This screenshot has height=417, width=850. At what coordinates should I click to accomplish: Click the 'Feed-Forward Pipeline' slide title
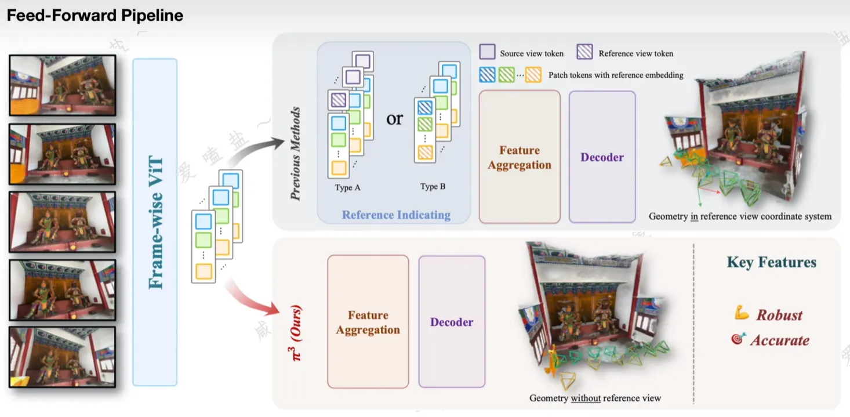point(95,16)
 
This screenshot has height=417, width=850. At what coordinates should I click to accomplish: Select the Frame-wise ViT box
point(155,222)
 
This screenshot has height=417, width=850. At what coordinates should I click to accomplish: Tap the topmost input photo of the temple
point(63,85)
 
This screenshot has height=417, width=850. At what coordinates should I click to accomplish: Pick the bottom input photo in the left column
point(63,357)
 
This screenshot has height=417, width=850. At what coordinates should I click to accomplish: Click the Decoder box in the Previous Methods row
point(602,157)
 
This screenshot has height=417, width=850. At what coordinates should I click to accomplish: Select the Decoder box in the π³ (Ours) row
point(452,322)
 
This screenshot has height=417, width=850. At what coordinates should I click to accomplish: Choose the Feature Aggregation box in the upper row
point(520,157)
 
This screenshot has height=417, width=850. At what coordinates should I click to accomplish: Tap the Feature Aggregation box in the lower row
point(368,322)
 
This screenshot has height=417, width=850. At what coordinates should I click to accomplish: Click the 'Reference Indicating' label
point(396,215)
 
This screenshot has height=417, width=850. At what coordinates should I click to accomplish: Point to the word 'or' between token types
point(394,119)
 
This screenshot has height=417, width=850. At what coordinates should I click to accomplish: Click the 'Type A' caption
point(348,187)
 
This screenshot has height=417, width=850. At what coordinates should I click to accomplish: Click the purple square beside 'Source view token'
point(488,53)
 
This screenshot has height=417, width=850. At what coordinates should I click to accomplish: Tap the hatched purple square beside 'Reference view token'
point(584,53)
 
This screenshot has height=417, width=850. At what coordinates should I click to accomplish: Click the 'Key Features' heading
point(771,263)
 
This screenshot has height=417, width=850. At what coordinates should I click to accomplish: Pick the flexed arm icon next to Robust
point(742,314)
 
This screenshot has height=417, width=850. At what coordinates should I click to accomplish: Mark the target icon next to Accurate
point(738,339)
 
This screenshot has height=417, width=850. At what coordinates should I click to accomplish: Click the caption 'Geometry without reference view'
point(595,398)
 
